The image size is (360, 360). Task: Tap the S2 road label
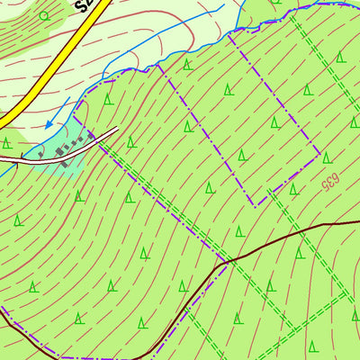(x=85, y=8)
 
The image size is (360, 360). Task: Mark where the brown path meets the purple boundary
(x=226, y=262)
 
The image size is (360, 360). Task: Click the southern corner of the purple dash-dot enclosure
(x=256, y=204)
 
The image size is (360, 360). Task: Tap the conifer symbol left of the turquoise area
(x=7, y=142)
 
